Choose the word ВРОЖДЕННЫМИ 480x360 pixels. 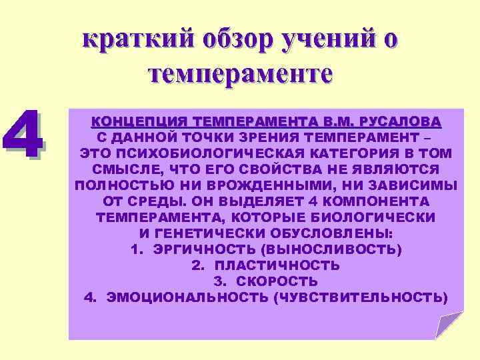pyautogui.click(x=256, y=185)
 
